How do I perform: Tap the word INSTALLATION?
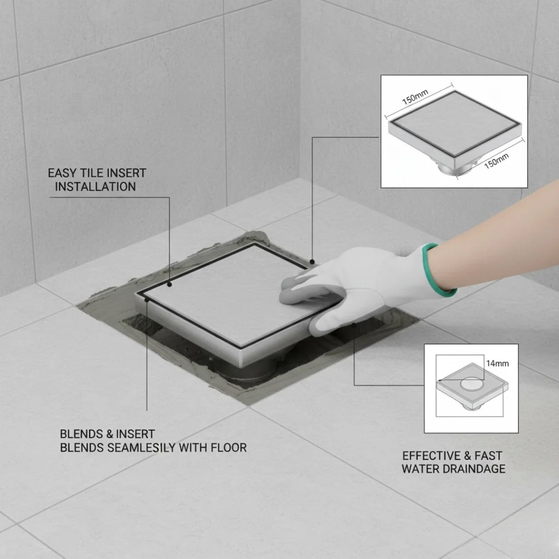pos(95,187)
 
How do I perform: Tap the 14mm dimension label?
pos(497,364)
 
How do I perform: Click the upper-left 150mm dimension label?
pos(415,97)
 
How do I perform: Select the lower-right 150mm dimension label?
pos(496,161)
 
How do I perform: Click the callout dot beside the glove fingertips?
pos(312,262)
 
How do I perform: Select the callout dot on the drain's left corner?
pos(146,300)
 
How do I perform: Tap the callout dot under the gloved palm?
pos(354,325)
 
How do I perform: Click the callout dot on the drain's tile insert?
pos(170,285)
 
